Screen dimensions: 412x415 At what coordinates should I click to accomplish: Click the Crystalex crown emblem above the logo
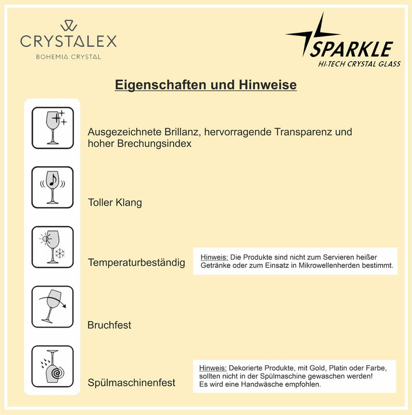pyautogui.click(x=68, y=26)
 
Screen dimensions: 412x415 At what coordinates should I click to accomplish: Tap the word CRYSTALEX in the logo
pyautogui.click(x=68, y=41)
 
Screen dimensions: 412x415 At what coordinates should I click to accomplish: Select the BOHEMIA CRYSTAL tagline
pyautogui.click(x=68, y=57)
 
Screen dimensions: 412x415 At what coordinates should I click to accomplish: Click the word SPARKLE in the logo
pyautogui.click(x=352, y=49)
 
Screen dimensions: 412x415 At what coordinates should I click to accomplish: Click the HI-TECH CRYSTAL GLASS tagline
pyautogui.click(x=359, y=64)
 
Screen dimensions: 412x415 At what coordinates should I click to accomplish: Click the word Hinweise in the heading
pyautogui.click(x=267, y=85)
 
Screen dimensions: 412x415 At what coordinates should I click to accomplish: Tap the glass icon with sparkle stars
pyautogui.click(x=53, y=128)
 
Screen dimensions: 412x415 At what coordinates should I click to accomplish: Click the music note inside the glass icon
pyautogui.click(x=53, y=179)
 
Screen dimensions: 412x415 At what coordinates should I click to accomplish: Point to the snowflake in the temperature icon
pyautogui.click(x=60, y=254)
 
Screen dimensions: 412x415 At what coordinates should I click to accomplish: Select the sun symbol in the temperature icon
pyautogui.click(x=45, y=239)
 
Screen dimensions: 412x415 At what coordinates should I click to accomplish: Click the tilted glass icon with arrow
pyautogui.click(x=53, y=306)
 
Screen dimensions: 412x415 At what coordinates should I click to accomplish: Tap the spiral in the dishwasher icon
pyautogui.click(x=57, y=373)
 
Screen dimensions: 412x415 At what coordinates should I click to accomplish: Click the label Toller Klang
pyautogui.click(x=115, y=203)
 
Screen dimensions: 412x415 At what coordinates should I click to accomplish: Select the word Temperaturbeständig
pyautogui.click(x=136, y=263)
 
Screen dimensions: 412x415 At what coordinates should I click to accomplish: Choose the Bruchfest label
pyautogui.click(x=109, y=325)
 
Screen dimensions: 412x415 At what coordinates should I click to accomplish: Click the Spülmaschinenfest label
pyautogui.click(x=131, y=383)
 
